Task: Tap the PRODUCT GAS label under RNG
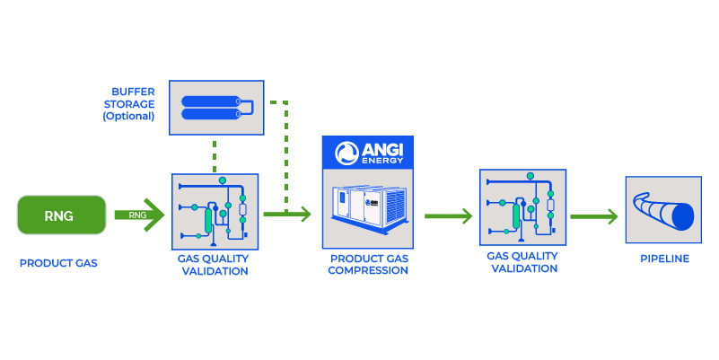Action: click(58, 264)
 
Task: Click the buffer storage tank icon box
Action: click(217, 109)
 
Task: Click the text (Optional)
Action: click(128, 117)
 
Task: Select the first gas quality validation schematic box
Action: click(215, 212)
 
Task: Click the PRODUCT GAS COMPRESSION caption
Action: click(368, 265)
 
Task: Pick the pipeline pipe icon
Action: click(662, 210)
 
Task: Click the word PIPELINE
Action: click(665, 259)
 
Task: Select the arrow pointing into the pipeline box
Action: click(594, 216)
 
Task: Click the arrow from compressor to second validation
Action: click(448, 216)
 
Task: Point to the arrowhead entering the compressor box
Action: click(305, 215)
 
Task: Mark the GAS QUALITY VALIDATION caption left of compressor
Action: click(213, 265)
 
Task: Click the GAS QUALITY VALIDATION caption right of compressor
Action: click(522, 261)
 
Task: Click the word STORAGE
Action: click(130, 104)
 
